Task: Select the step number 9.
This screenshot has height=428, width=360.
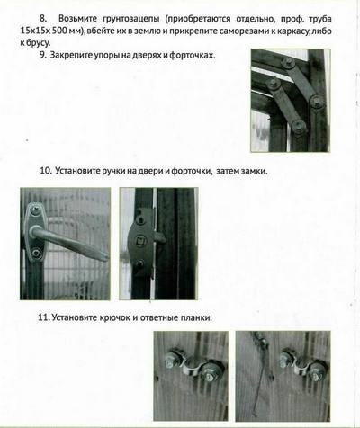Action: click(x=43, y=55)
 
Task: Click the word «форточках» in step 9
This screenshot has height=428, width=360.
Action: click(x=193, y=56)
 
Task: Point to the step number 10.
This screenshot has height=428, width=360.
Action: click(x=46, y=171)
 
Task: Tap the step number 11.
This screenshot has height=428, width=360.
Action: click(x=44, y=317)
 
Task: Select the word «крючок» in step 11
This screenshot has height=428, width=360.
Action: click(x=114, y=317)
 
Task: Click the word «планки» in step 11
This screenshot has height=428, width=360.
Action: click(x=196, y=317)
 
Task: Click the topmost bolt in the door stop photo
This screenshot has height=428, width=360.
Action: click(x=288, y=63)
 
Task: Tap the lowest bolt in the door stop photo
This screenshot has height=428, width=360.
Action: click(x=299, y=127)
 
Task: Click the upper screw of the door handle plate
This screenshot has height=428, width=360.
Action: click(x=36, y=210)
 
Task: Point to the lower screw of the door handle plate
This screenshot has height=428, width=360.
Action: click(x=36, y=253)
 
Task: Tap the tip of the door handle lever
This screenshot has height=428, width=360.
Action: click(x=105, y=256)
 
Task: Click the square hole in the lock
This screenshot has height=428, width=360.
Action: click(x=140, y=240)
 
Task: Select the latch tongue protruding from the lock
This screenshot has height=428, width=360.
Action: click(x=159, y=237)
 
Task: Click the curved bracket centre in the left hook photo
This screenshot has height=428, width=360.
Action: click(x=192, y=365)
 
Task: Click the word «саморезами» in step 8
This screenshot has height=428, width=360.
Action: click(x=244, y=31)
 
